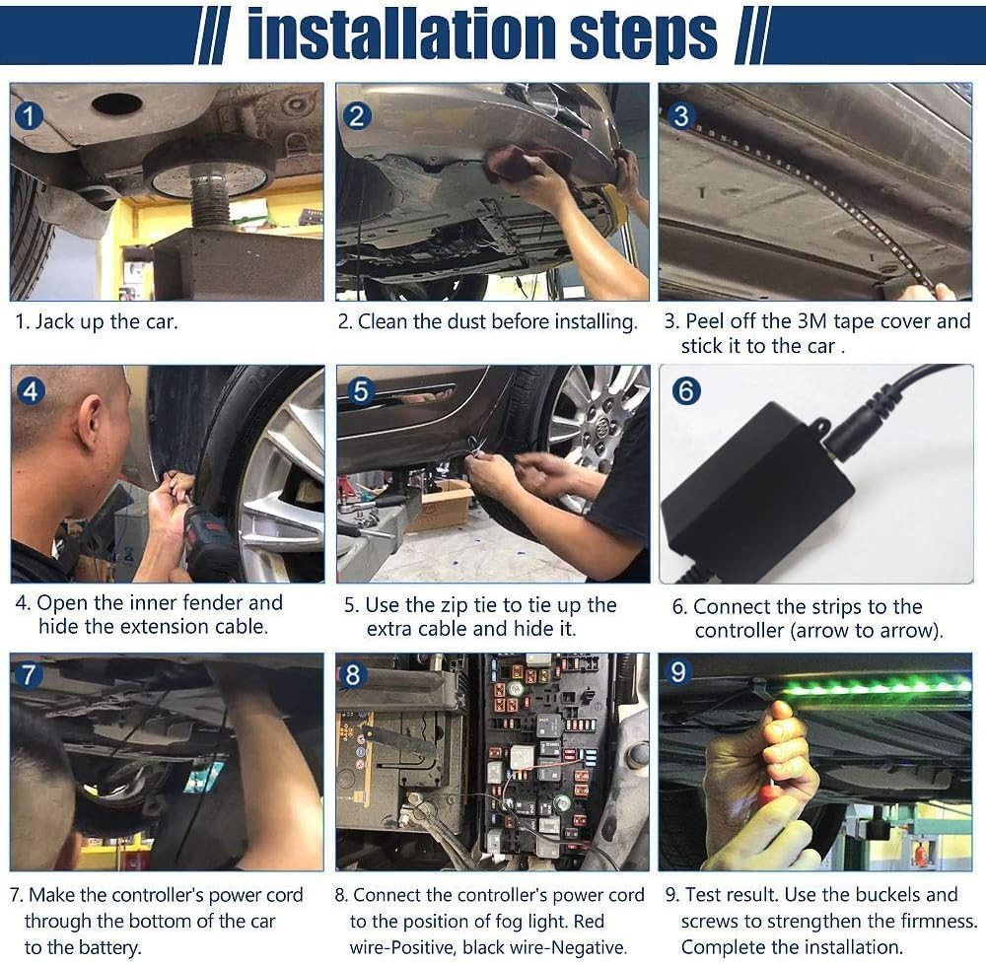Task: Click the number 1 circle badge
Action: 28,116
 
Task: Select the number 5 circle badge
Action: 360,391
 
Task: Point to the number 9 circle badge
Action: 678,672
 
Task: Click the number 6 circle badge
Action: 685,391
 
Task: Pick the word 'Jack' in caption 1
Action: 55,321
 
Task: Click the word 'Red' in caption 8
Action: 589,921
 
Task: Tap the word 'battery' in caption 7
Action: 107,947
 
